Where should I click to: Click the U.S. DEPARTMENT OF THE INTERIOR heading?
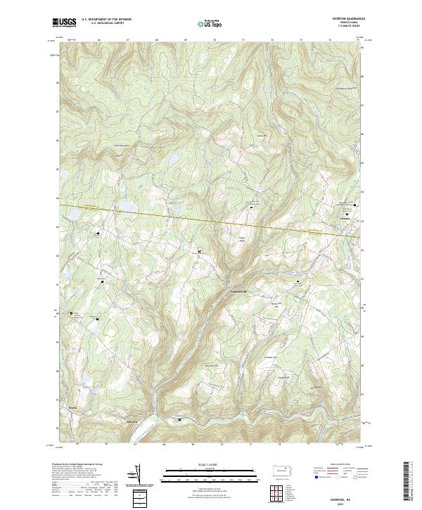point(106,19)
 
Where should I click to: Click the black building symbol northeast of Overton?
point(355,205)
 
